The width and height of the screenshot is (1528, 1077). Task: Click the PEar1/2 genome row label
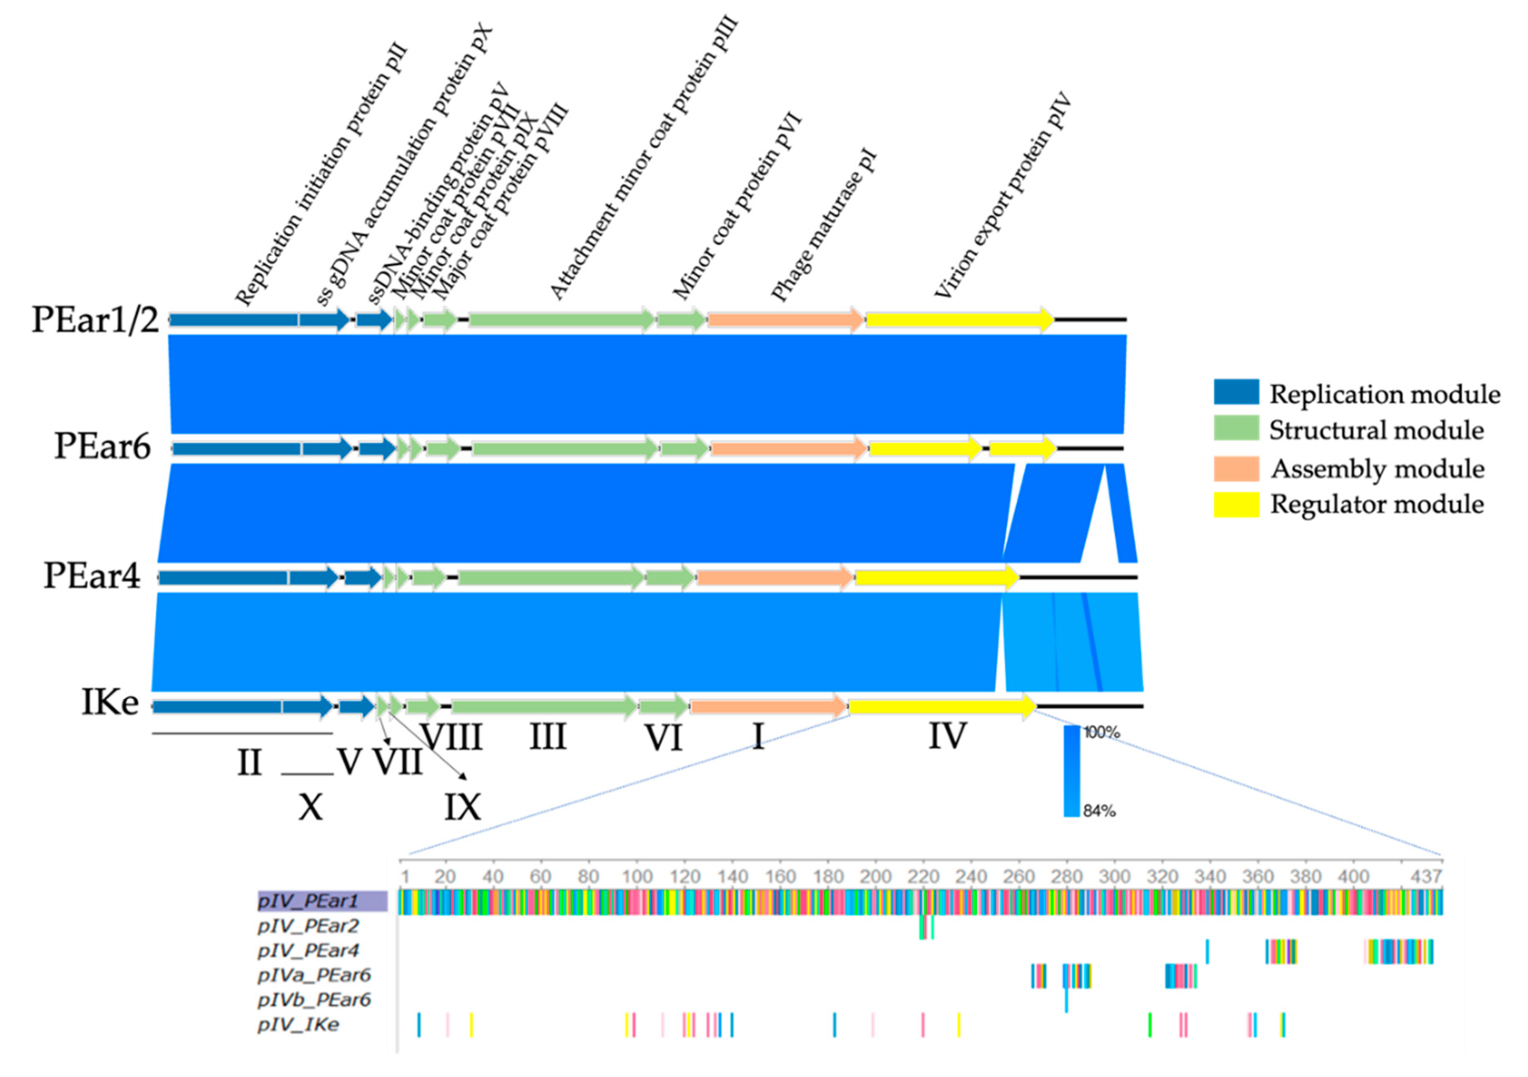point(95,320)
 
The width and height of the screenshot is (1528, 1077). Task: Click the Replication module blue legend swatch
point(1236,392)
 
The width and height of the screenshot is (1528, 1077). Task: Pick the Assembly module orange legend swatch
point(1236,469)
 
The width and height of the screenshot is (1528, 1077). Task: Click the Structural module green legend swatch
point(1236,428)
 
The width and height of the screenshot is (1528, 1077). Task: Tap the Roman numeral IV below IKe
point(947,737)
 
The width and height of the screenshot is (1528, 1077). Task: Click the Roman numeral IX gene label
point(462,807)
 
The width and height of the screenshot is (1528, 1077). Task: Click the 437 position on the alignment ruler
point(1426,877)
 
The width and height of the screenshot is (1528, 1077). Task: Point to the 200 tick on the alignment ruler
point(875,877)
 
